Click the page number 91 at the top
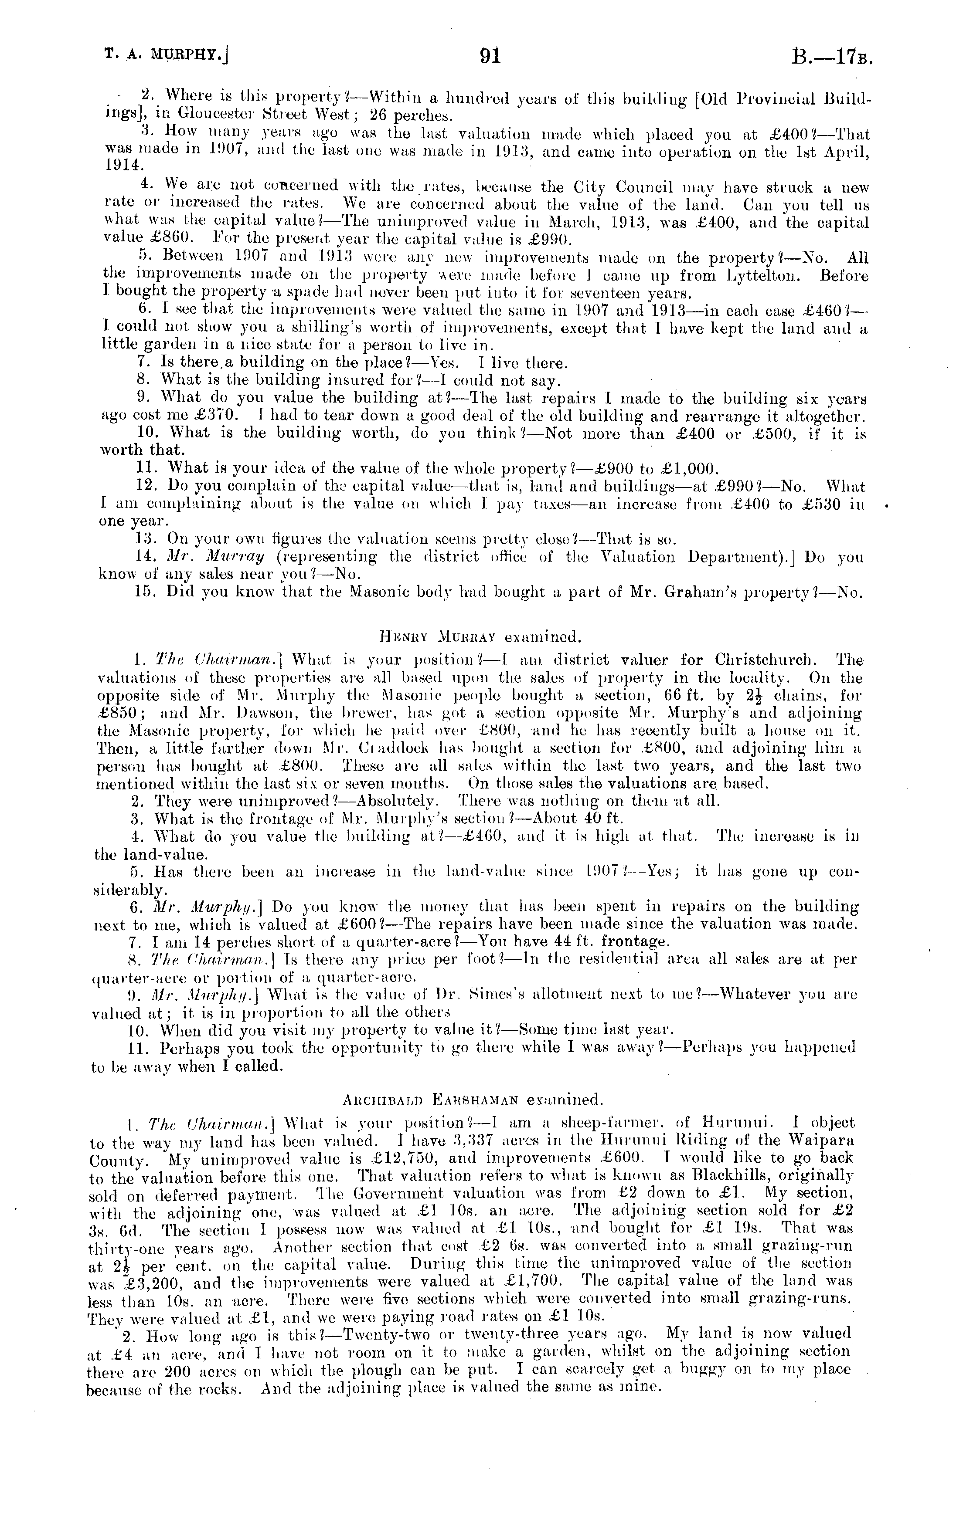[x=490, y=58]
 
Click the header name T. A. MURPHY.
[x=166, y=59]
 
